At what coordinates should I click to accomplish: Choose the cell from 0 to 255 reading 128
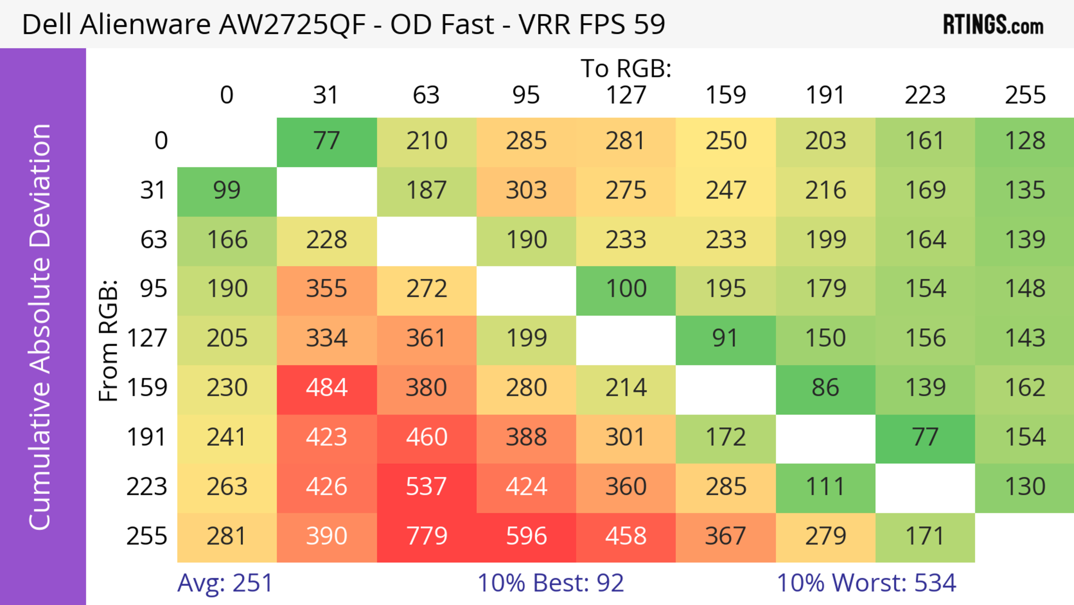coord(1025,141)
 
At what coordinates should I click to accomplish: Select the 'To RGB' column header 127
coord(626,95)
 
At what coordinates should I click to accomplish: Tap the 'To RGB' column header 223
coord(925,95)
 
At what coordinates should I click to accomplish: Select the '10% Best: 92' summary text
coord(550,583)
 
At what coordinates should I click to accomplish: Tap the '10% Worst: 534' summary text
coord(866,583)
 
